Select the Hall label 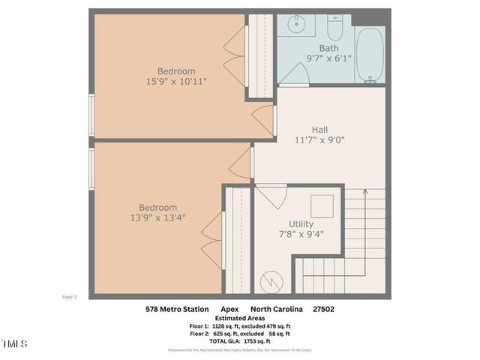pos(319,129)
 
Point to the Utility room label pos(301,223)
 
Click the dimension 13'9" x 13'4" pos(157,217)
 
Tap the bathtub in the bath pos(369,56)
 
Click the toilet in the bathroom pos(335,28)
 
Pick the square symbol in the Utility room pos(322,205)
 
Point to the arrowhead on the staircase pos(365,193)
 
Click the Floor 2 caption pos(69,296)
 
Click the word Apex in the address pos(229,308)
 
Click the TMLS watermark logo pos(13,344)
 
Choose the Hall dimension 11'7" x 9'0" pos(319,139)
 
